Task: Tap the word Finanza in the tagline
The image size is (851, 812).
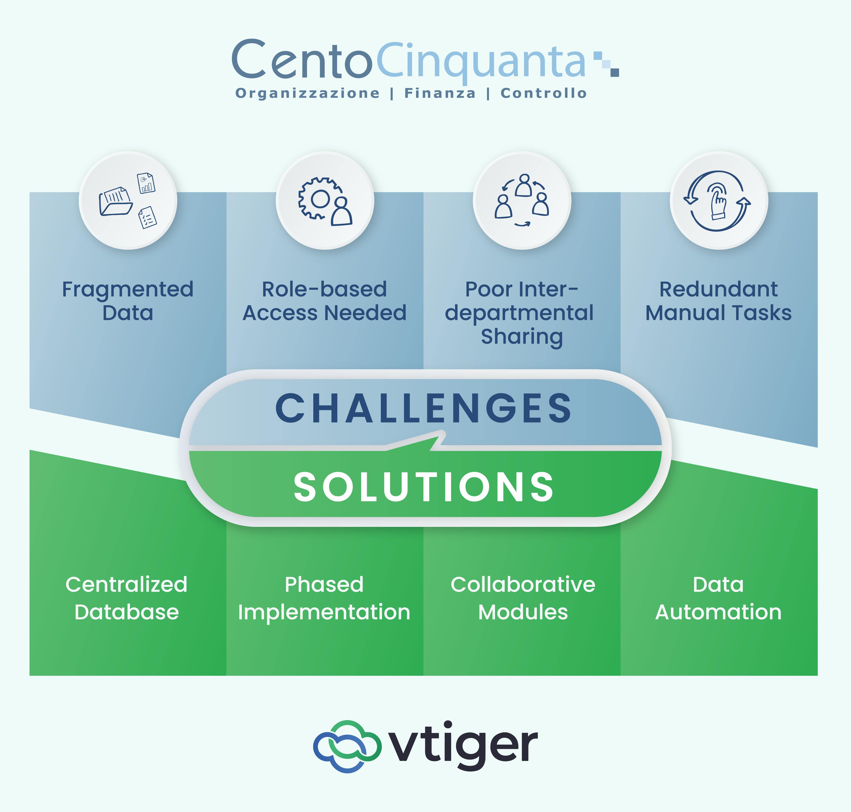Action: coord(440,93)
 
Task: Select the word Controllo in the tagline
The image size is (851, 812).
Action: coord(544,93)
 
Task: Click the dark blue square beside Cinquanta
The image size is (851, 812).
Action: coord(614,72)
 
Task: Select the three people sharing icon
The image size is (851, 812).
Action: coord(522,200)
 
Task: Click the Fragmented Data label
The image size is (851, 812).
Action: coord(128,301)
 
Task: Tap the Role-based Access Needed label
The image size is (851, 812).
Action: coord(325,301)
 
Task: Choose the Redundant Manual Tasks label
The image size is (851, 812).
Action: coord(718,301)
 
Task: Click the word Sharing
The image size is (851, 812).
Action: coord(522,337)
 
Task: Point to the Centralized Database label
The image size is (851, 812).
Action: coord(126,598)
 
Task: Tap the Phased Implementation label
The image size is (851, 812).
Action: coord(324,598)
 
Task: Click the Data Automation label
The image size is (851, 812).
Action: coord(718,598)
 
